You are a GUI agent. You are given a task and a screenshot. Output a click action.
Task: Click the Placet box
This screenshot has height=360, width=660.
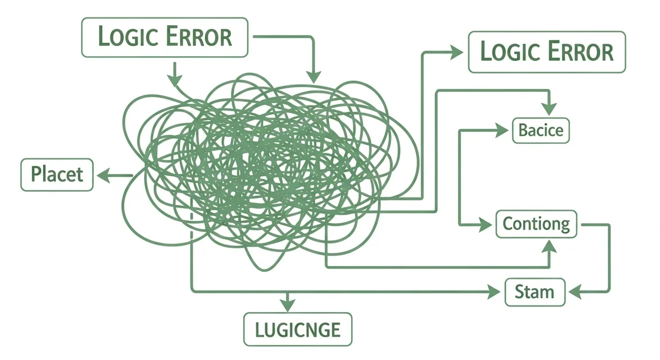[x=57, y=175]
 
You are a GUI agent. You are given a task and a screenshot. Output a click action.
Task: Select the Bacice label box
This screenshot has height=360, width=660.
[x=541, y=130]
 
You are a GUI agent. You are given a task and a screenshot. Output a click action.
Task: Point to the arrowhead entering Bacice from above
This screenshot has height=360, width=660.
[x=549, y=108]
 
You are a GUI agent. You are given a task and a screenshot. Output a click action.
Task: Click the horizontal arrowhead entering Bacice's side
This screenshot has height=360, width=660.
[x=502, y=130]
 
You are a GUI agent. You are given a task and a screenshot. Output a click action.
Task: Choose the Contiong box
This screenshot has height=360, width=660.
[x=536, y=224]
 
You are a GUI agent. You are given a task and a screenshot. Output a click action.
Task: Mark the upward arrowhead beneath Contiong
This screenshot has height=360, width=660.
[x=549, y=248]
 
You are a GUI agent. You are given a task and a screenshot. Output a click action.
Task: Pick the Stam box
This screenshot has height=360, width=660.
[x=534, y=292]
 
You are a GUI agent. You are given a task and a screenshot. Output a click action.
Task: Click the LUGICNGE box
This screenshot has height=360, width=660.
[x=298, y=329]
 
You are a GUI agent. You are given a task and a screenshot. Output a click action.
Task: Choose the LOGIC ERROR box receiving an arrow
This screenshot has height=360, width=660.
[x=547, y=52]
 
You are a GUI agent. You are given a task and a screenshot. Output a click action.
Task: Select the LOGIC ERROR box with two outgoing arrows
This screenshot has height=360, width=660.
[x=164, y=37]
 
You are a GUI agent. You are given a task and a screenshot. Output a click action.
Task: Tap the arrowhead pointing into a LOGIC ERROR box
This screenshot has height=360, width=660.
[x=456, y=52]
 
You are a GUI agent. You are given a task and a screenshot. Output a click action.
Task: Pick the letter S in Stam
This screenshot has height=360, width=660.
[x=520, y=292]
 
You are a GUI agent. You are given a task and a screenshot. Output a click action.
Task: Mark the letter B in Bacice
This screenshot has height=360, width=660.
[x=523, y=130]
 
